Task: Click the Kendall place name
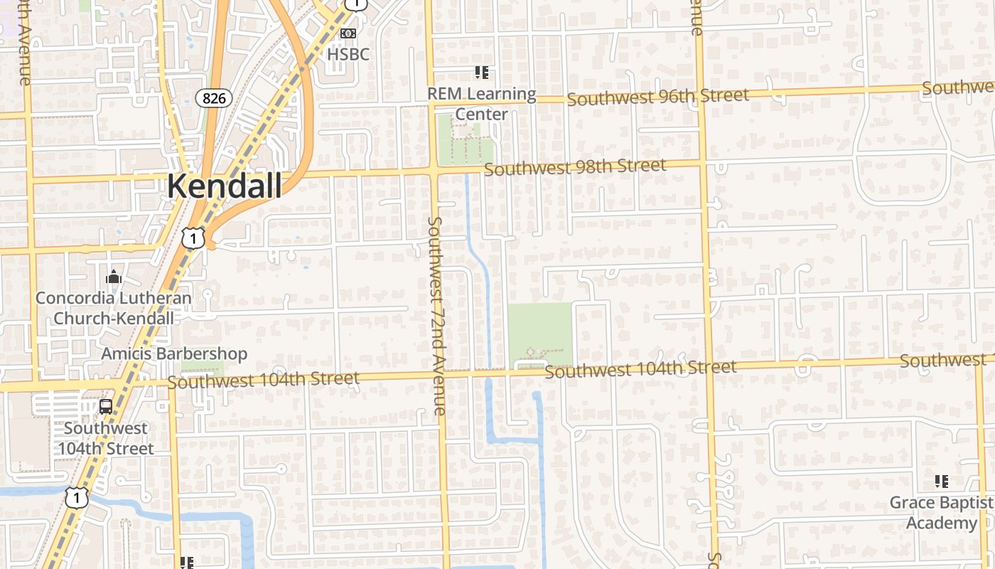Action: point(224,186)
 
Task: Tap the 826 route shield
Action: point(213,98)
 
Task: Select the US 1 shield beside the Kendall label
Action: point(193,238)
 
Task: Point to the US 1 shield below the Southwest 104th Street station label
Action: point(77,497)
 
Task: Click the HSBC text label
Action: point(348,54)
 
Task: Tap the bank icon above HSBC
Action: point(348,33)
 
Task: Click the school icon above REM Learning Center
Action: point(482,73)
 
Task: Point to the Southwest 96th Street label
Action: point(657,97)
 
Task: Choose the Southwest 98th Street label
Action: point(575,168)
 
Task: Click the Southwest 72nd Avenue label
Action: point(436,317)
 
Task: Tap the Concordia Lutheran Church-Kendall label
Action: point(114,308)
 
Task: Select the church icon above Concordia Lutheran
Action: point(114,277)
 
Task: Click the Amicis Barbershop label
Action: point(174,353)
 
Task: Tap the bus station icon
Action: point(105,407)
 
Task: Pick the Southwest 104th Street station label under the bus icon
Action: point(105,438)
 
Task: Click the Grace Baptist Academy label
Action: point(942,513)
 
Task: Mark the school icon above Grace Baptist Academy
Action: point(942,482)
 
